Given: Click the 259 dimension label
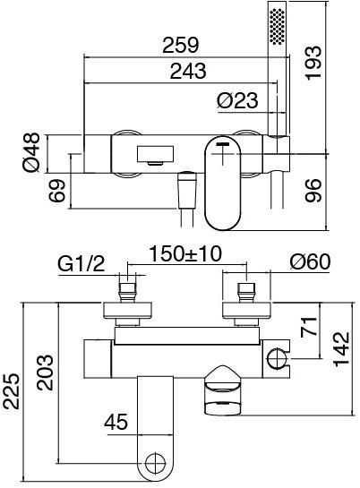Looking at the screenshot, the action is tap(181, 45).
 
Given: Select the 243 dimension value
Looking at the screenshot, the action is tap(188, 72).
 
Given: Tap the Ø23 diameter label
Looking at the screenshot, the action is tap(237, 101).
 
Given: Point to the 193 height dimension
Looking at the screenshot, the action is tap(313, 63).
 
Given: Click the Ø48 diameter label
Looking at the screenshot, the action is tap(31, 152).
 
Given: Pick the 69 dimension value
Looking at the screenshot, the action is tap(57, 191).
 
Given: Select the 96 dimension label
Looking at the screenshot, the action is tap(313, 191).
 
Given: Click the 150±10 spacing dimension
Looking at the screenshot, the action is tap(185, 254).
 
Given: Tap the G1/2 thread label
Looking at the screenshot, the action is tap(81, 265).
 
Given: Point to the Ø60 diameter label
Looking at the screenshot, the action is tap(310, 262).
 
